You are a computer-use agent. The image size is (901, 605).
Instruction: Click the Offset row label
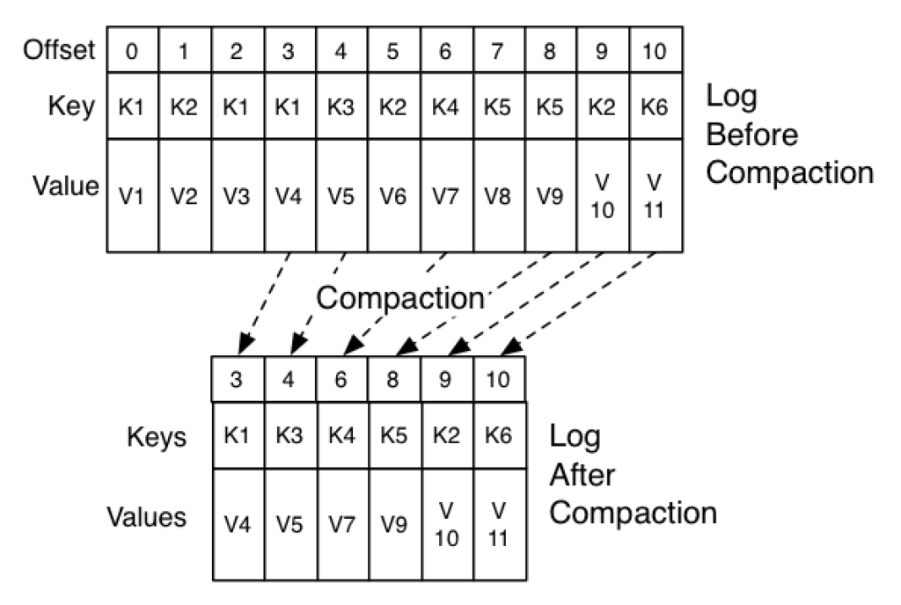pyautogui.click(x=57, y=50)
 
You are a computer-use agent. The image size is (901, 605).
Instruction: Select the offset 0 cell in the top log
pyautogui.click(x=132, y=51)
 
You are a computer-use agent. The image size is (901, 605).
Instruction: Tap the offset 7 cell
pyautogui.click(x=499, y=51)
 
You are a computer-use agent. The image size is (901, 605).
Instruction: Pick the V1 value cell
pyautogui.click(x=132, y=195)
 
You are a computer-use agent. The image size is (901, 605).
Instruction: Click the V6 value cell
pyautogui.click(x=394, y=195)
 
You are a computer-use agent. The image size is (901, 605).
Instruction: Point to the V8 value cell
pyautogui.click(x=499, y=195)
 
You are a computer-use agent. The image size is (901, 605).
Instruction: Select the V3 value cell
pyautogui.click(x=237, y=195)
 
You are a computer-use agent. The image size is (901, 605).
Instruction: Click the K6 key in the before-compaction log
pyautogui.click(x=656, y=107)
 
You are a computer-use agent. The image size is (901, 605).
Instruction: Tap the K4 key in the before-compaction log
pyautogui.click(x=447, y=107)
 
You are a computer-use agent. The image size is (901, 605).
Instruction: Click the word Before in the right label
pyautogui.click(x=753, y=135)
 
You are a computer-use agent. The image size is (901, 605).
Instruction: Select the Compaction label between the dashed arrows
pyautogui.click(x=400, y=297)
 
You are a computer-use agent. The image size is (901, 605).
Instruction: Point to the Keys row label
pyautogui.click(x=155, y=436)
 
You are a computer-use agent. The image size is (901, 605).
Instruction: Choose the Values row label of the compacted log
pyautogui.click(x=147, y=518)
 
